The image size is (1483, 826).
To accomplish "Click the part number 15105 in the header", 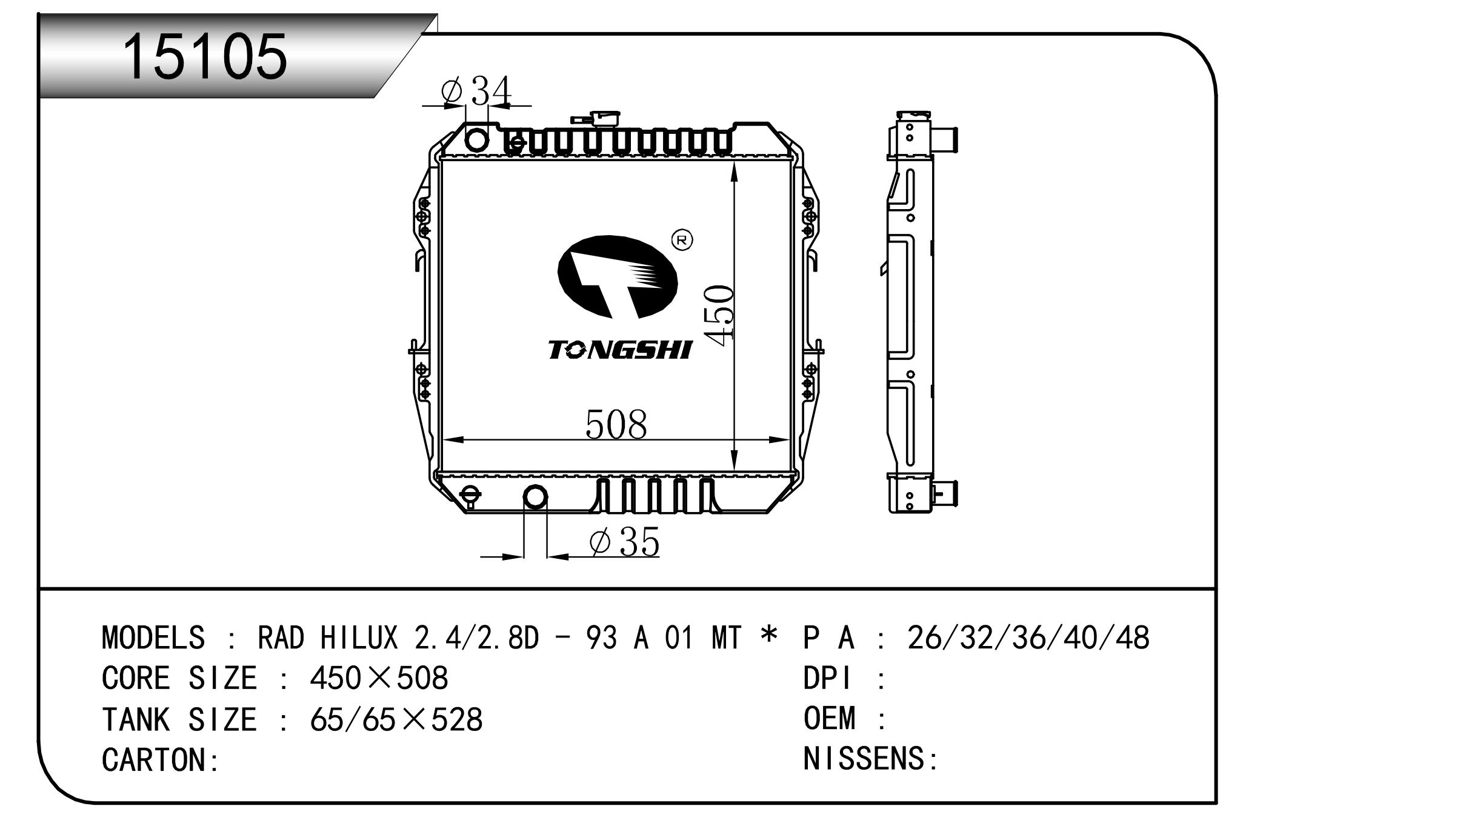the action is coord(205,56).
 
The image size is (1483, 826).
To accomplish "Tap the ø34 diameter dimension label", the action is coord(476,92).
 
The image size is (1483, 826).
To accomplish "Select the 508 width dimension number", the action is coord(616,424).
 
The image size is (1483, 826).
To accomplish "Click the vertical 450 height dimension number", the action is coord(719,316).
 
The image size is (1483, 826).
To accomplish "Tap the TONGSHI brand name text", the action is coord(619,350).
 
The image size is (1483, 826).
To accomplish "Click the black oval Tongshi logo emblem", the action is coord(618,277).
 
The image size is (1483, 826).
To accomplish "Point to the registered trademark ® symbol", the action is coord(682,241).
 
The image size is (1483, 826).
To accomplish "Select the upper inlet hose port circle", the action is coord(476,140).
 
